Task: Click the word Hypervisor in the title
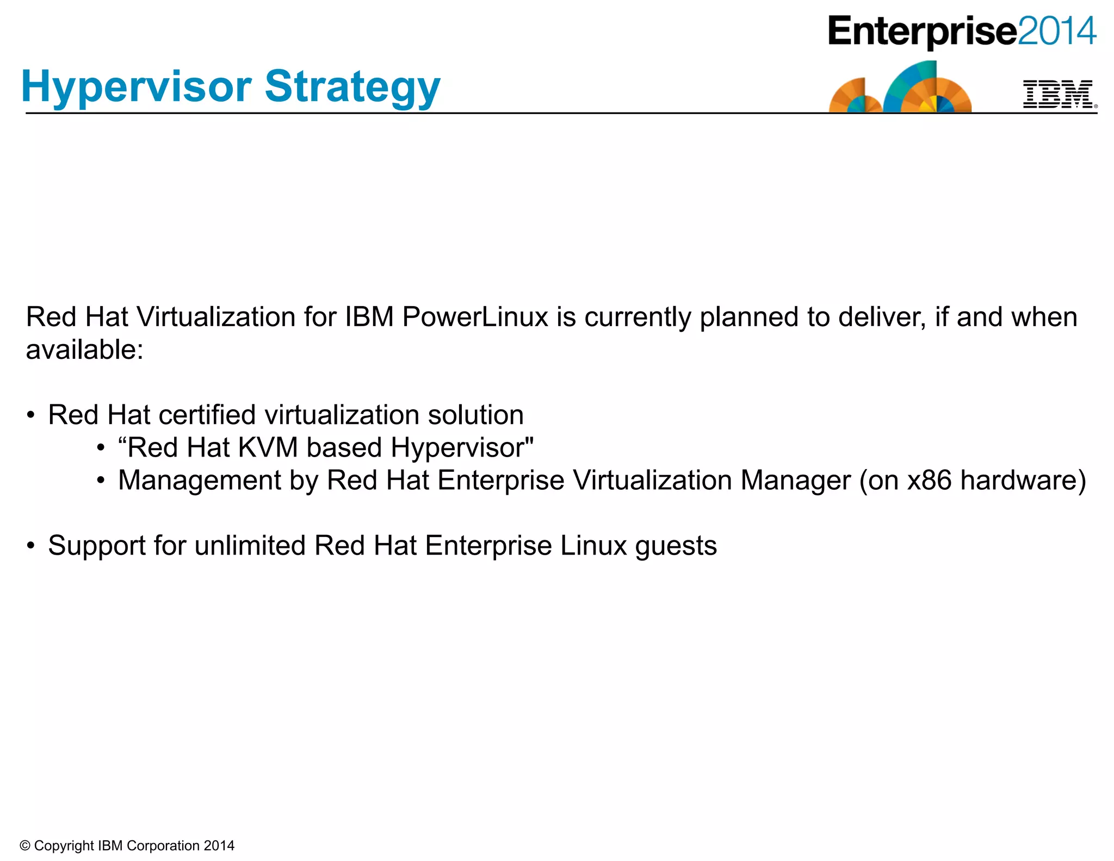click(x=136, y=87)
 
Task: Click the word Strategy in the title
click(x=352, y=87)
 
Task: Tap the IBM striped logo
click(x=1057, y=94)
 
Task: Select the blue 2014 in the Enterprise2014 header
click(x=1056, y=32)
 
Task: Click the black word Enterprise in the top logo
click(x=922, y=32)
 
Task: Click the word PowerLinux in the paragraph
click(x=475, y=317)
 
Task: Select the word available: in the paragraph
click(x=84, y=350)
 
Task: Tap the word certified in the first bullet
click(x=207, y=415)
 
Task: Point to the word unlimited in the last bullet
click(x=250, y=546)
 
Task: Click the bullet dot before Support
click(x=31, y=546)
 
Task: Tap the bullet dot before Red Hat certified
click(x=31, y=415)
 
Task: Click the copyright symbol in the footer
click(x=24, y=846)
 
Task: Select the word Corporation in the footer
click(x=163, y=846)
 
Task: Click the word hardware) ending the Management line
click(x=1023, y=481)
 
